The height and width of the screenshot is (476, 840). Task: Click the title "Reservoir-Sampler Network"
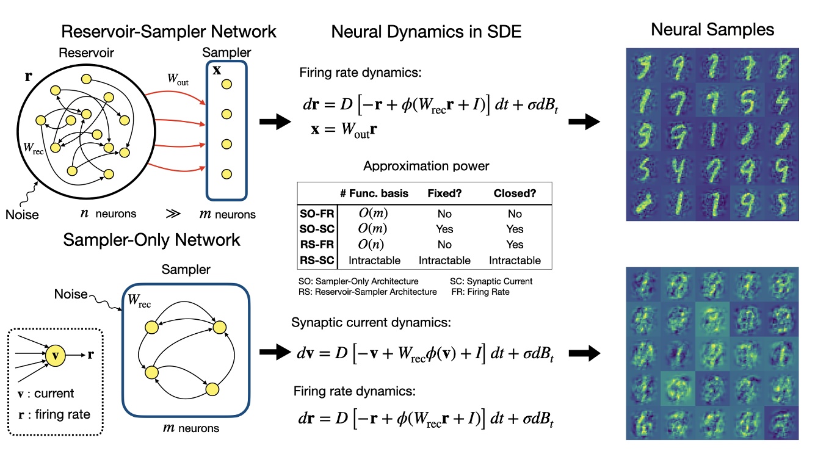pyautogui.click(x=169, y=31)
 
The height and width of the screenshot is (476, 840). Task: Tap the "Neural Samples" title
pyautogui.click(x=712, y=29)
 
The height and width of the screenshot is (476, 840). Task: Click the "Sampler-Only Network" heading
pyautogui.click(x=152, y=240)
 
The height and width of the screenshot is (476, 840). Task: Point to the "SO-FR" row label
pyautogui.click(x=316, y=214)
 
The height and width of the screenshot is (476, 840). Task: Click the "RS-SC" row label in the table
pyautogui.click(x=316, y=261)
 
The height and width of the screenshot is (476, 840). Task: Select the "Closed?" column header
pyautogui.click(x=515, y=193)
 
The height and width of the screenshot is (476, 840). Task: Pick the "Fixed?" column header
pyautogui.click(x=444, y=193)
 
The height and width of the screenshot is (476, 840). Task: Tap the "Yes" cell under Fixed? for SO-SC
pyautogui.click(x=444, y=229)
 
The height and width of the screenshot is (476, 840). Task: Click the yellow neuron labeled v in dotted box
pyautogui.click(x=54, y=353)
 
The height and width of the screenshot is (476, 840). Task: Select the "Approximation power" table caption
pyautogui.click(x=425, y=166)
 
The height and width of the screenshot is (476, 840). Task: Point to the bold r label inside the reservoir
pyautogui.click(x=28, y=76)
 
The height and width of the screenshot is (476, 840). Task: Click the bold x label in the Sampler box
pyautogui.click(x=217, y=70)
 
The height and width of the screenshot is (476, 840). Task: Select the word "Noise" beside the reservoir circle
pyautogui.click(x=23, y=214)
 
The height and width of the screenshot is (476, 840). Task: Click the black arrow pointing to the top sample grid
pyautogui.click(x=584, y=122)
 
